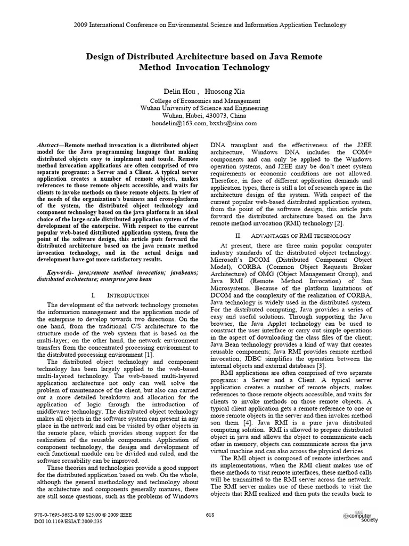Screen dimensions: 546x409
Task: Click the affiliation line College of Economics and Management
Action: pos(204,100)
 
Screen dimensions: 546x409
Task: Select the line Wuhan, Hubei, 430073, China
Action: pos(204,115)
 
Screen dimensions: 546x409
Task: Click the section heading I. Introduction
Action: pos(116,295)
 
